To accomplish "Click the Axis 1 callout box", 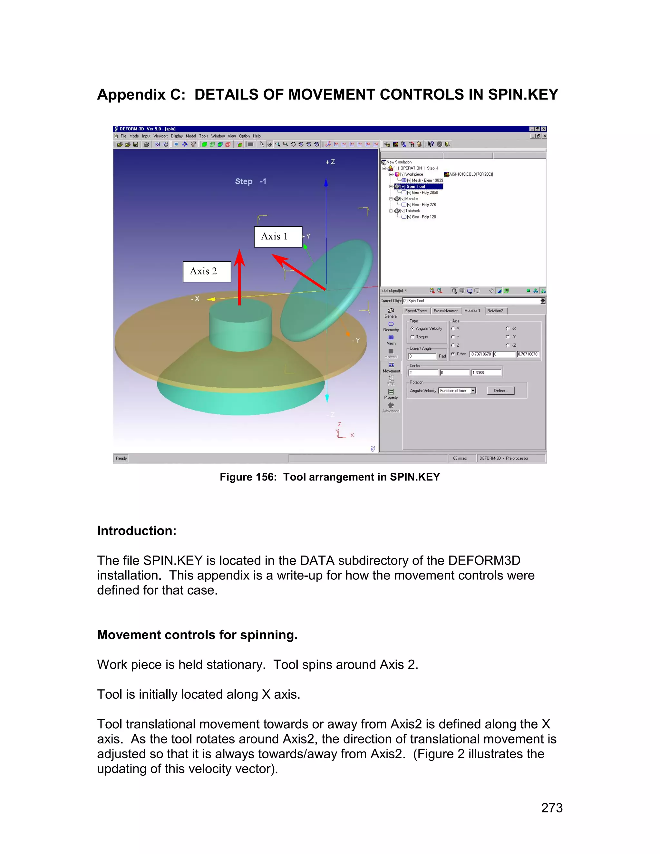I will [x=278, y=237].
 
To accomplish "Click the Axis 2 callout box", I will [x=207, y=271].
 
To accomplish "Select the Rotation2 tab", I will [x=495, y=311].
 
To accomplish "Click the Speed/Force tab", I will [x=416, y=311].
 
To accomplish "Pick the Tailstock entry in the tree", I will [x=412, y=211].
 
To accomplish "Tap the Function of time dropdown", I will [x=457, y=391].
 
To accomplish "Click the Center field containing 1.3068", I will [x=486, y=373].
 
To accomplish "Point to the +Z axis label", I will [x=330, y=162].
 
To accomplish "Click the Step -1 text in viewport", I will [x=250, y=181].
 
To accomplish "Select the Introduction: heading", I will [x=136, y=531].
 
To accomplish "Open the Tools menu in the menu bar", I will [x=203, y=136].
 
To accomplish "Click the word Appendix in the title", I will [x=131, y=95].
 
